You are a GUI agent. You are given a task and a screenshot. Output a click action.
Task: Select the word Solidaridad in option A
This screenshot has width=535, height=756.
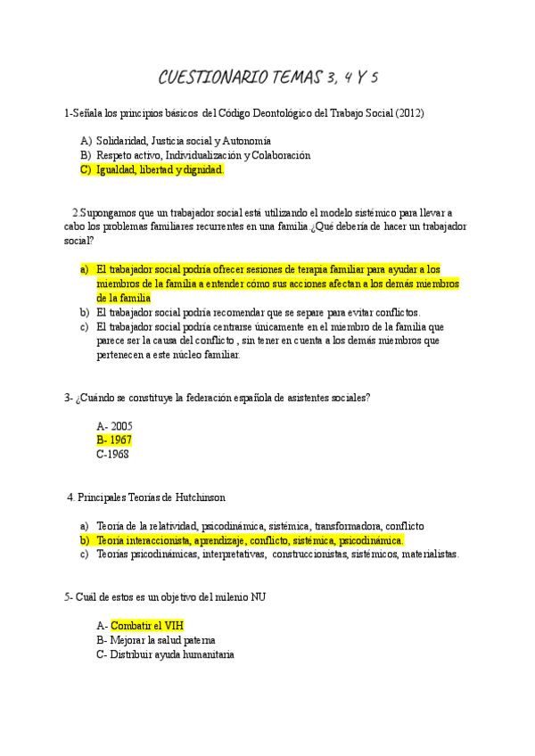pyautogui.click(x=122, y=141)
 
